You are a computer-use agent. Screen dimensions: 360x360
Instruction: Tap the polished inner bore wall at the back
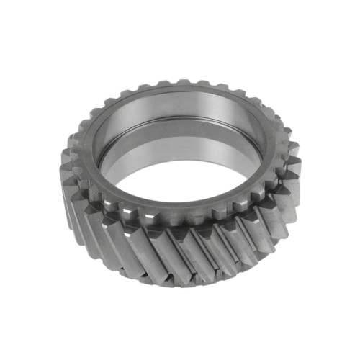180,115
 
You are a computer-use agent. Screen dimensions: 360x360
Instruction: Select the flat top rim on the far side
180,92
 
